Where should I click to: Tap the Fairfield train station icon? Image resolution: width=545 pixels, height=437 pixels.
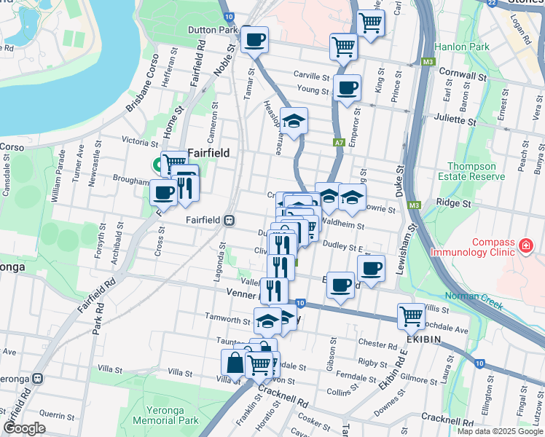229,219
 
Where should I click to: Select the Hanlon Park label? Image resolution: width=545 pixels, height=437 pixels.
461,47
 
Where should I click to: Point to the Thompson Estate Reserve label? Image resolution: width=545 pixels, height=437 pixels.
477,171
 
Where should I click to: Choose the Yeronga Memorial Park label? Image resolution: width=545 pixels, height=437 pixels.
171,414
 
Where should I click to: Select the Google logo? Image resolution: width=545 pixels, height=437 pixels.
23,428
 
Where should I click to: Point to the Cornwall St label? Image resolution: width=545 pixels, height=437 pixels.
463,75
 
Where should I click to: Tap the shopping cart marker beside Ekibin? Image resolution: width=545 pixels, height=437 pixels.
411,315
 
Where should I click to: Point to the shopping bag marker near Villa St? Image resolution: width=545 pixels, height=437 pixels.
235,362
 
